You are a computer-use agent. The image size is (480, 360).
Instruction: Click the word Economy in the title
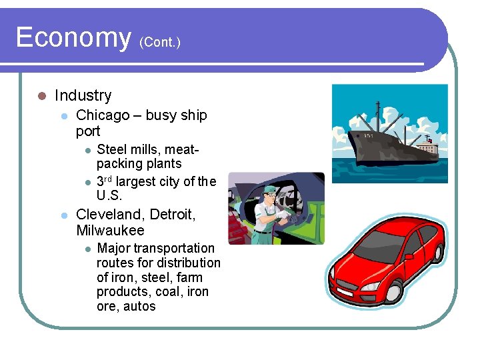pyautogui.click(x=73, y=37)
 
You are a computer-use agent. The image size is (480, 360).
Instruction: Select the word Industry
pyautogui.click(x=83, y=95)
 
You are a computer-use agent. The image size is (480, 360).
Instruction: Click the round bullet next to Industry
pyautogui.click(x=41, y=96)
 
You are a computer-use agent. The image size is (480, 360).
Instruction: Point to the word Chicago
pyautogui.click(x=103, y=115)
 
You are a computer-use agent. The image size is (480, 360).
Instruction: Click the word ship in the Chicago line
pyautogui.click(x=194, y=115)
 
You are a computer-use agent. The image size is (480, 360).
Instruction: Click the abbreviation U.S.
pyautogui.click(x=110, y=196)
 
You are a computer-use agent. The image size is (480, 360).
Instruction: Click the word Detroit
pyautogui.click(x=173, y=215)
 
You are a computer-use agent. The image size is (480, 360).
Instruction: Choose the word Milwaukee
pyautogui.click(x=110, y=231)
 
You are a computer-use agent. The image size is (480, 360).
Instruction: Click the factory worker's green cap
pyautogui.click(x=269, y=189)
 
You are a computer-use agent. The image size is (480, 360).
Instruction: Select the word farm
pyautogui.click(x=189, y=277)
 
